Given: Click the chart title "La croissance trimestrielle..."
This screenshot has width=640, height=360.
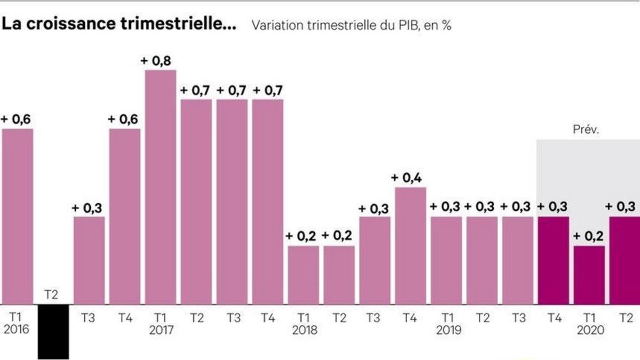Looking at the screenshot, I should pyautogui.click(x=119, y=25).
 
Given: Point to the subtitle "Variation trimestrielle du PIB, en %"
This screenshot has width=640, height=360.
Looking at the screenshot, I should pyautogui.click(x=351, y=25).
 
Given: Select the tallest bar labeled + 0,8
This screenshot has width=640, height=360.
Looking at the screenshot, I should pyautogui.click(x=161, y=187).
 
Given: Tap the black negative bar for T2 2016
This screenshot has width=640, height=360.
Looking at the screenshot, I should pyautogui.click(x=53, y=331).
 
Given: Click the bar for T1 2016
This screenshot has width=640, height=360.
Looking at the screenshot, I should pyautogui.click(x=18, y=216).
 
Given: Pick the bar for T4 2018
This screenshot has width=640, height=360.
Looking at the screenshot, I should pyautogui.click(x=411, y=245).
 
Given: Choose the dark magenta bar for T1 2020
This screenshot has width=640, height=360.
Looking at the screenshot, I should pyautogui.click(x=589, y=275).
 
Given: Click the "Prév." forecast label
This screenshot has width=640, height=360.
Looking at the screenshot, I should pyautogui.click(x=586, y=130).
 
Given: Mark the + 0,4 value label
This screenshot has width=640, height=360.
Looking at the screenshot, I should pyautogui.click(x=410, y=178).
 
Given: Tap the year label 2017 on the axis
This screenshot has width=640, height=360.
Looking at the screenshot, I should pyautogui.click(x=161, y=331).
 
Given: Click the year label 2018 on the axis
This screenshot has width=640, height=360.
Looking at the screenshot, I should pyautogui.click(x=304, y=331).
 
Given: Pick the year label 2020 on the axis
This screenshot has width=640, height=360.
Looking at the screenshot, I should pyautogui.click(x=590, y=331).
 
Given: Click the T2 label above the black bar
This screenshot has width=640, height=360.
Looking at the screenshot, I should pyautogui.click(x=53, y=295).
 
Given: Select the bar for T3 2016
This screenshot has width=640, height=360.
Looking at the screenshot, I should pyautogui.click(x=89, y=260).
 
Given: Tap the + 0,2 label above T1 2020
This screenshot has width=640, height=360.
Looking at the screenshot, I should pyautogui.click(x=589, y=236).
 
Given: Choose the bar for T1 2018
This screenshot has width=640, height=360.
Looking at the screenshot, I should pyautogui.click(x=304, y=275).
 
